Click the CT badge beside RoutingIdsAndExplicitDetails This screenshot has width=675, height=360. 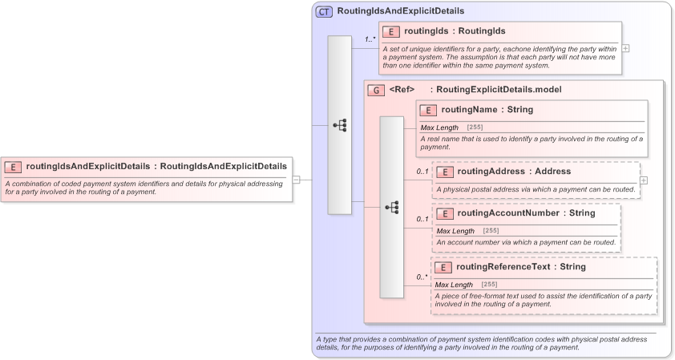pyautogui.click(x=325, y=11)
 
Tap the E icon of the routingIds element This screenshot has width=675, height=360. pyautogui.click(x=391, y=32)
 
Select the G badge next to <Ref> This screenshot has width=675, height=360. pyautogui.click(x=376, y=90)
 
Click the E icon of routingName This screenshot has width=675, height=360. pyautogui.click(x=428, y=111)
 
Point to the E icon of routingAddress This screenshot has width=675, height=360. pyautogui.click(x=444, y=172)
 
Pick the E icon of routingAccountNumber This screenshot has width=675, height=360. pyautogui.click(x=444, y=213)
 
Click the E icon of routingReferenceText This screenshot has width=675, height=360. pyautogui.click(x=443, y=267)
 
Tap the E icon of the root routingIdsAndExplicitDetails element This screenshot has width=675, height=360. pyautogui.click(x=13, y=167)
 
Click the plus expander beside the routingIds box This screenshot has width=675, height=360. pyautogui.click(x=626, y=48)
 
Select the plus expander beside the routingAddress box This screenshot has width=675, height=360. pyautogui.click(x=644, y=180)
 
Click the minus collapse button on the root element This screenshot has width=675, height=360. pyautogui.click(x=296, y=180)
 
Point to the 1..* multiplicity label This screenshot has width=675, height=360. pyautogui.click(x=370, y=39)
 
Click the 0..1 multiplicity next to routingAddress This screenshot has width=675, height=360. pyautogui.click(x=422, y=172)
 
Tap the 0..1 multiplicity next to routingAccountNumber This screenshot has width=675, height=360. pyautogui.click(x=422, y=219)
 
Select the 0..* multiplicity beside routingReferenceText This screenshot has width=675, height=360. pyautogui.click(x=422, y=277)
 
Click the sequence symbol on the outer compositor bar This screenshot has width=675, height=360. pyautogui.click(x=340, y=125)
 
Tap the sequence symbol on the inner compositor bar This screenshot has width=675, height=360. pyautogui.click(x=391, y=207)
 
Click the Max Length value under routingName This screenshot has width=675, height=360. pyautogui.click(x=475, y=127)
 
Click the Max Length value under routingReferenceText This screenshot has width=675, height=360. pyautogui.click(x=489, y=285)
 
